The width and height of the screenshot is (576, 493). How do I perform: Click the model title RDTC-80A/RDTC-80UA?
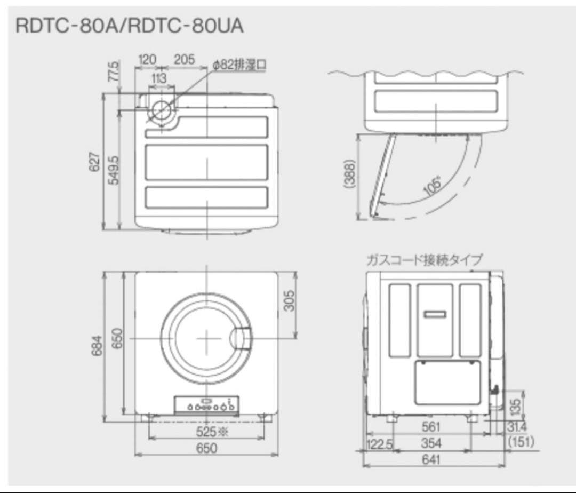tap(130, 26)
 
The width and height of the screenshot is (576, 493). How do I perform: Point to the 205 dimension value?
tap(184, 59)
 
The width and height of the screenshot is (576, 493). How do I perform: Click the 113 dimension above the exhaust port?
tap(158, 78)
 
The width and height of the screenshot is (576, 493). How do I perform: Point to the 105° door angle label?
tap(433, 185)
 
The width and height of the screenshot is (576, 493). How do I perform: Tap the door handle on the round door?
tap(242, 338)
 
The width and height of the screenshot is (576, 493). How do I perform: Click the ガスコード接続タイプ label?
tap(424, 260)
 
